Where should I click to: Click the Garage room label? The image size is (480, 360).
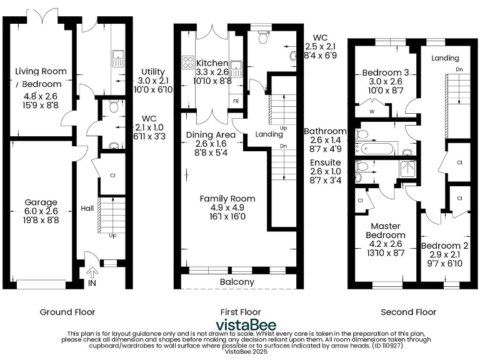[x=41, y=202]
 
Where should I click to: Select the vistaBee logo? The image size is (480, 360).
[x=239, y=324]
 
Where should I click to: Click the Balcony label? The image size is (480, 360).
[x=237, y=282]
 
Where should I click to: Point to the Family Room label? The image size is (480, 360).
[x=227, y=199]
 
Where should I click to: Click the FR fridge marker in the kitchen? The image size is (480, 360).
[x=236, y=101]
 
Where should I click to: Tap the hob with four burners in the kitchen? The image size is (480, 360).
[x=187, y=62]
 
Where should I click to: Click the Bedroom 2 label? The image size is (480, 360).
[x=444, y=246]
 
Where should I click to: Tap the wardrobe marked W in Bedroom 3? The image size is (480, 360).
[x=371, y=111]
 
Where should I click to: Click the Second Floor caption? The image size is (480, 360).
[x=409, y=312]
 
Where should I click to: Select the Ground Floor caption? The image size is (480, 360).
[x=67, y=312]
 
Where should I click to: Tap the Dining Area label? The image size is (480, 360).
[x=211, y=134]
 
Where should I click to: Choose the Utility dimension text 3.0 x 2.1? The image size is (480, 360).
[x=153, y=81]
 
